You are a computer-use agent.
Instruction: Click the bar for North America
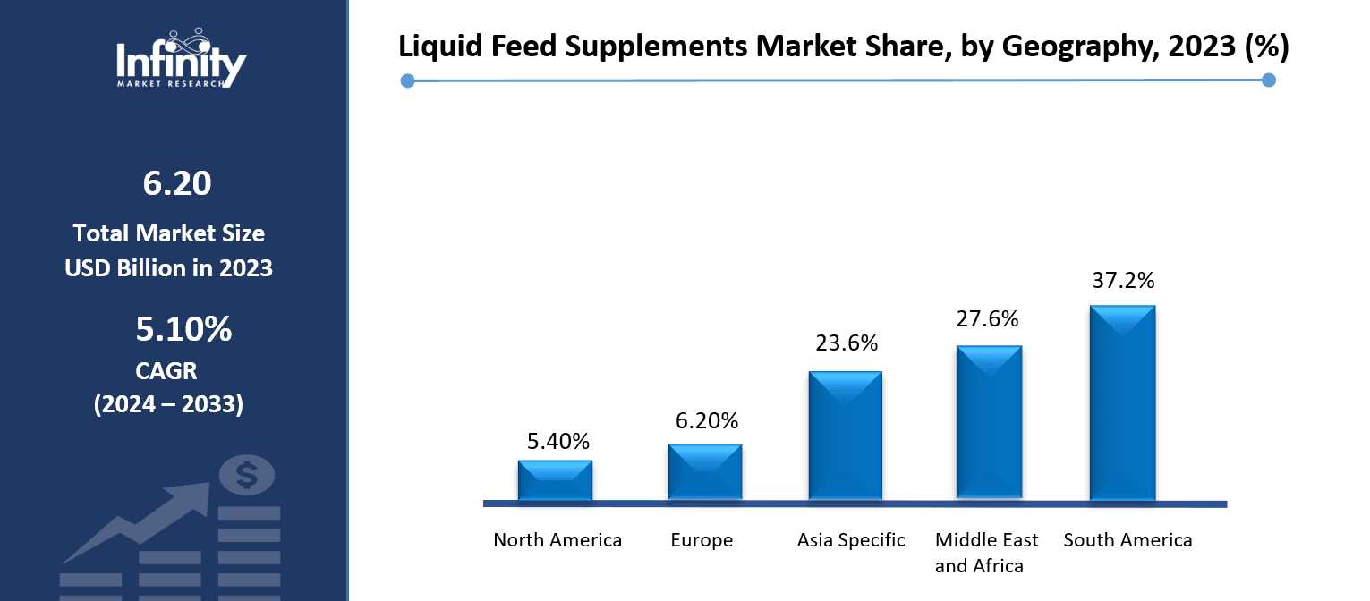[555, 480]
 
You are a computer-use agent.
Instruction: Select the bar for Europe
[704, 471]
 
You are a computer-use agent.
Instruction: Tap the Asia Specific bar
[845, 436]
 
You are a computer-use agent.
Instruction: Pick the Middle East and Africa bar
[989, 422]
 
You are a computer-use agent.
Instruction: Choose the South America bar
[1122, 402]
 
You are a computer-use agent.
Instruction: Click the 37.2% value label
[1123, 280]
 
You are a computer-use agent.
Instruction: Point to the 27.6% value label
[987, 319]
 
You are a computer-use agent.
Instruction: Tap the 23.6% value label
[846, 343]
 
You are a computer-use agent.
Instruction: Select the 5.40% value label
[557, 441]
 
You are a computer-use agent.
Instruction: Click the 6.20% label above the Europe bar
[706, 420]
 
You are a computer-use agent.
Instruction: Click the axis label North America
[557, 540]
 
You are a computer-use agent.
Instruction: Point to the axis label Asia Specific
[851, 540]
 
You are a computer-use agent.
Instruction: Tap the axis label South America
[1127, 540]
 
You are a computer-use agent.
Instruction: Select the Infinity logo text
[182, 63]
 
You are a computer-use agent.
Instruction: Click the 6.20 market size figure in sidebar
[176, 183]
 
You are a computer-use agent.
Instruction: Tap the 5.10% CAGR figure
[183, 330]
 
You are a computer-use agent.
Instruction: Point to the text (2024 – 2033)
[168, 403]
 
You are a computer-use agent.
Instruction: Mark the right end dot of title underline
[1268, 80]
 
